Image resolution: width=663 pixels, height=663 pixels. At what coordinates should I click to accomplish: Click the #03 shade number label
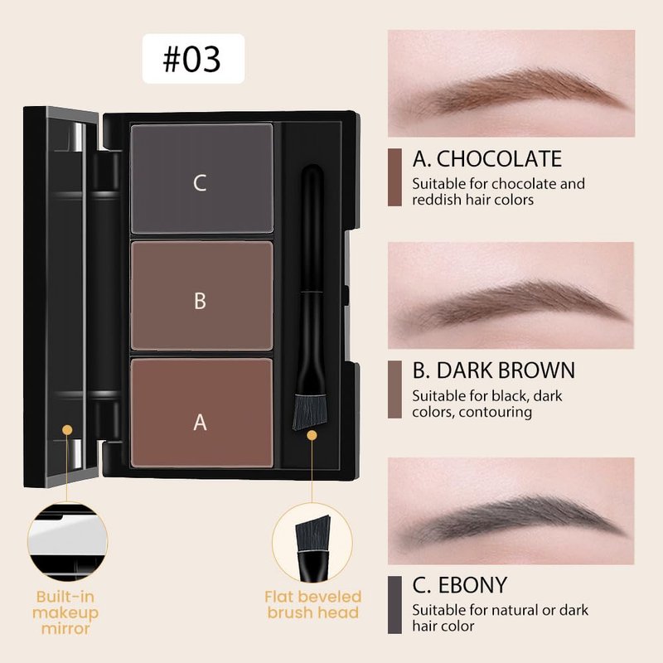coord(191,59)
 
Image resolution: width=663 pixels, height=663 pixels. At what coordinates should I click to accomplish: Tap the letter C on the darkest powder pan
coord(200,183)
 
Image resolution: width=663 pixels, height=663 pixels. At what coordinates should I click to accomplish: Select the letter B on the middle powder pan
coord(200,301)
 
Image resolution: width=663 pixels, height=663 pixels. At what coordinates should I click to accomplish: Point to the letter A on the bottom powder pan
coord(200,423)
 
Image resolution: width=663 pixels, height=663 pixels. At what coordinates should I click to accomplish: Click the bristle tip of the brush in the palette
coord(310,411)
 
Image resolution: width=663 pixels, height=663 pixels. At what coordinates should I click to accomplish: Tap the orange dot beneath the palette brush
coord(312,436)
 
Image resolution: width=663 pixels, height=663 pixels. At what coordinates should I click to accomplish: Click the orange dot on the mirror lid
coord(67,430)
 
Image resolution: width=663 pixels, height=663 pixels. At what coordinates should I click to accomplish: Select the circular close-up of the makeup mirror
coord(68,542)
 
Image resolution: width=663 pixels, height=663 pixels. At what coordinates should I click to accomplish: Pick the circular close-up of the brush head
coord(312,543)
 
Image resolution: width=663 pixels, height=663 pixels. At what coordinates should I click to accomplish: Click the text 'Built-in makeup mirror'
coord(65,612)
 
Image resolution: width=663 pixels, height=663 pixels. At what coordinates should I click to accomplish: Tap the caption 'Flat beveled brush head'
coord(313,605)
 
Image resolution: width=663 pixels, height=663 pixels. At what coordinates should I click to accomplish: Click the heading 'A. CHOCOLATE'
coord(487,159)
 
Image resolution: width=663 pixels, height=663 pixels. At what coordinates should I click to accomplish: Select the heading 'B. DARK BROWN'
coord(494,370)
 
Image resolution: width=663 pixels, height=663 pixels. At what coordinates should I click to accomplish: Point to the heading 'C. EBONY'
coord(460,585)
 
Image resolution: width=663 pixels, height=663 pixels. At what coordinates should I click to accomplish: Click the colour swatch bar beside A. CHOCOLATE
coord(394,177)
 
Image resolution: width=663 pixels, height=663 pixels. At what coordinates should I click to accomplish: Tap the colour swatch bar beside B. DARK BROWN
coord(394,390)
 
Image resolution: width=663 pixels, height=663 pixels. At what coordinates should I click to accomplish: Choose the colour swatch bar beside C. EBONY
coord(394,605)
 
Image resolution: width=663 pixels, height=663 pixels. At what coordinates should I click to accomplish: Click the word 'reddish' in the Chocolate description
coord(437,200)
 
